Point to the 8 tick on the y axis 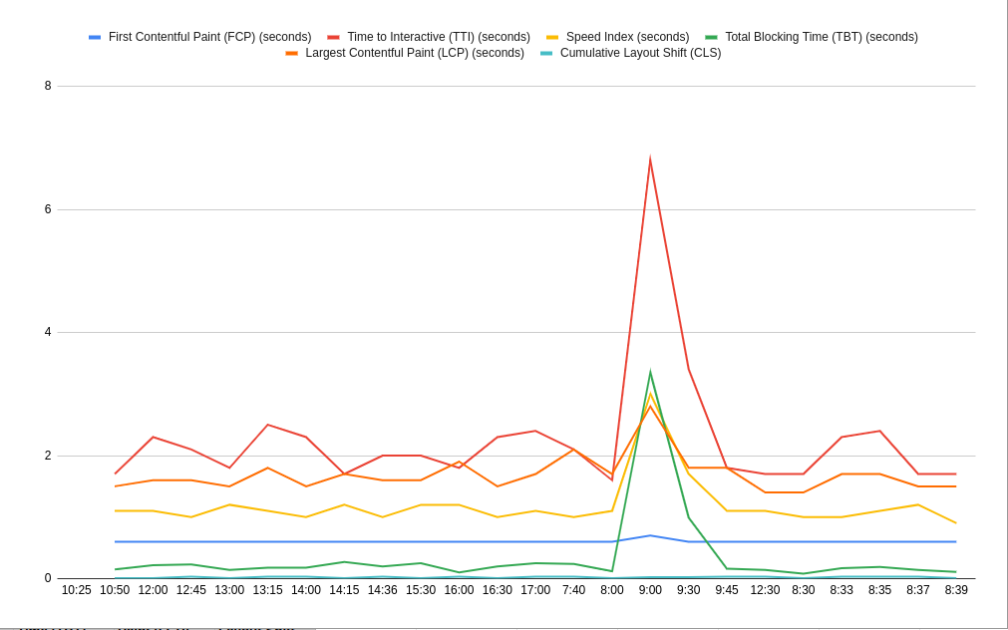(48, 86)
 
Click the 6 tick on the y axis (48, 209)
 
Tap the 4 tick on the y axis (48, 332)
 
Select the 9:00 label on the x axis (650, 590)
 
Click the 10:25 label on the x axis (77, 590)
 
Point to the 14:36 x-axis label (382, 590)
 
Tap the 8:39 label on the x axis (956, 590)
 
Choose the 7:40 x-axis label (573, 590)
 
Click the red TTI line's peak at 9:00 (650, 159)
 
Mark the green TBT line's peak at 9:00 (650, 374)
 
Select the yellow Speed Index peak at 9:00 (650, 394)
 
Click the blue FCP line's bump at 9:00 (650, 535)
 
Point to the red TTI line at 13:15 (268, 425)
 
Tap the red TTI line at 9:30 (688, 369)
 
